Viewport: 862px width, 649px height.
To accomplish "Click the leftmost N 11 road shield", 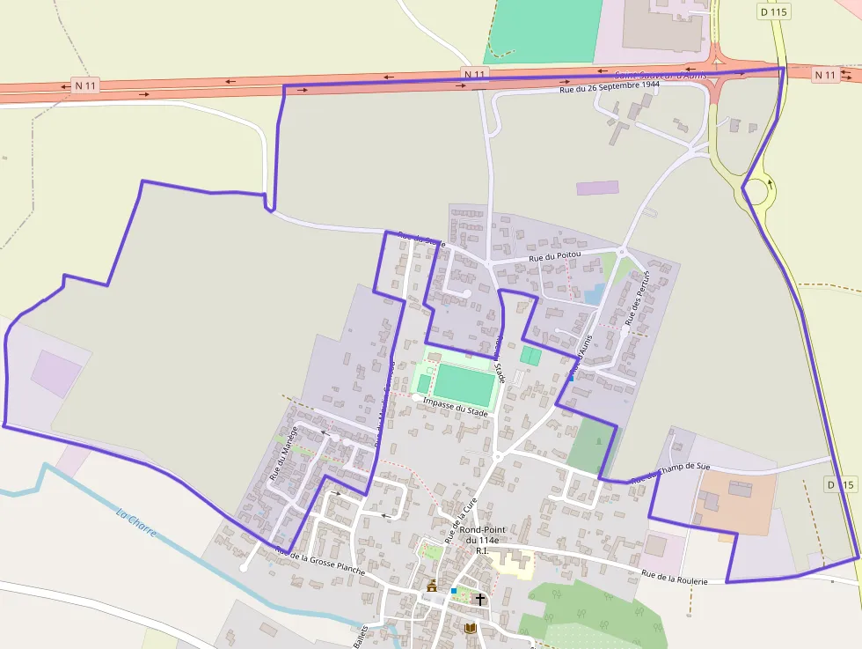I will (85, 85).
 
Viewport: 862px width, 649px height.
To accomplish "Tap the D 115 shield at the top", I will (773, 11).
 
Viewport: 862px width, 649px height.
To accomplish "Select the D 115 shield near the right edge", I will (841, 484).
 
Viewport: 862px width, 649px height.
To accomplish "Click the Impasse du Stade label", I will (455, 408).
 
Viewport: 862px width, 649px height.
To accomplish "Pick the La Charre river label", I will (136, 524).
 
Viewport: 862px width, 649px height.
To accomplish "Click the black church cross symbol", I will (479, 600).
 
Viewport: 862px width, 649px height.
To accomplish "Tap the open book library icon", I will (471, 628).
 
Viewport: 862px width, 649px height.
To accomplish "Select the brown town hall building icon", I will (432, 586).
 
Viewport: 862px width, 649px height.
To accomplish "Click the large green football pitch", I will (464, 384).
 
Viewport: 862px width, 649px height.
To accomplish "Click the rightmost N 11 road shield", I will (825, 76).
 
